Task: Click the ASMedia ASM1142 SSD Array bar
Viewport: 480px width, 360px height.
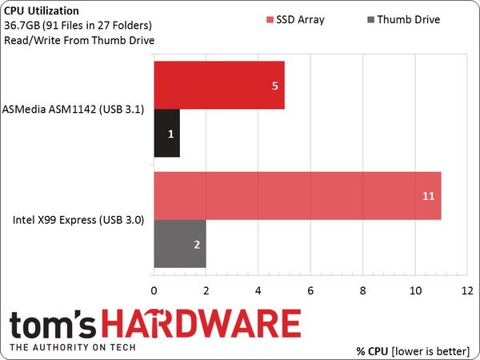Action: coord(218,86)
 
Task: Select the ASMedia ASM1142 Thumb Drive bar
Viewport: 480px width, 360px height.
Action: coord(166,134)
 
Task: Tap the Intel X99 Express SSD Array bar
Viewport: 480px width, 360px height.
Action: coord(296,196)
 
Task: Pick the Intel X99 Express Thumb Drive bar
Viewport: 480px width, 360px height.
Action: coord(179,244)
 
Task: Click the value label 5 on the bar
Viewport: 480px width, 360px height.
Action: coord(274,86)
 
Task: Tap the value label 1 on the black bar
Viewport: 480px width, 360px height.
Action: coord(170,134)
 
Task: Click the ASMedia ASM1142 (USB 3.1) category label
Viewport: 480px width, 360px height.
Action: coord(74,110)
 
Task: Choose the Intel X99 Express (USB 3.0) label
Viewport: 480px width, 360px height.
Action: coord(78,220)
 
